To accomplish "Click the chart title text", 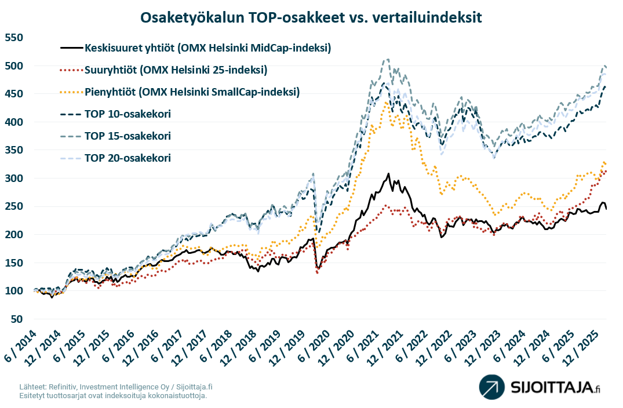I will [x=311, y=18].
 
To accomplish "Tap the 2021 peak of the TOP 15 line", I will [x=387, y=59].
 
